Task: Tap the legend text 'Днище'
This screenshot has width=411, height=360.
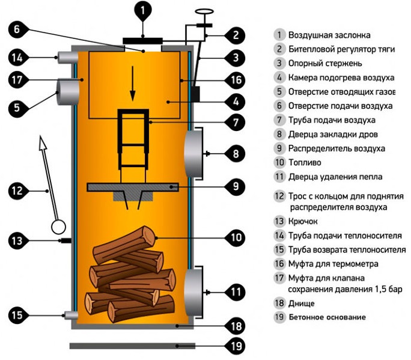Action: point(301,304)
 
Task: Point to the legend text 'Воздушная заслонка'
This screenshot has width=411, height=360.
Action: point(329,35)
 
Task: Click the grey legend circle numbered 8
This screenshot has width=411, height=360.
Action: point(279,134)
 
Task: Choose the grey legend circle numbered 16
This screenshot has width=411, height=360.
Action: point(279,263)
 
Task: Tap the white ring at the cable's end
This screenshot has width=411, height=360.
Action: point(59,227)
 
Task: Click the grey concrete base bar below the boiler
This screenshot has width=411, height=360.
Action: point(132,346)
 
